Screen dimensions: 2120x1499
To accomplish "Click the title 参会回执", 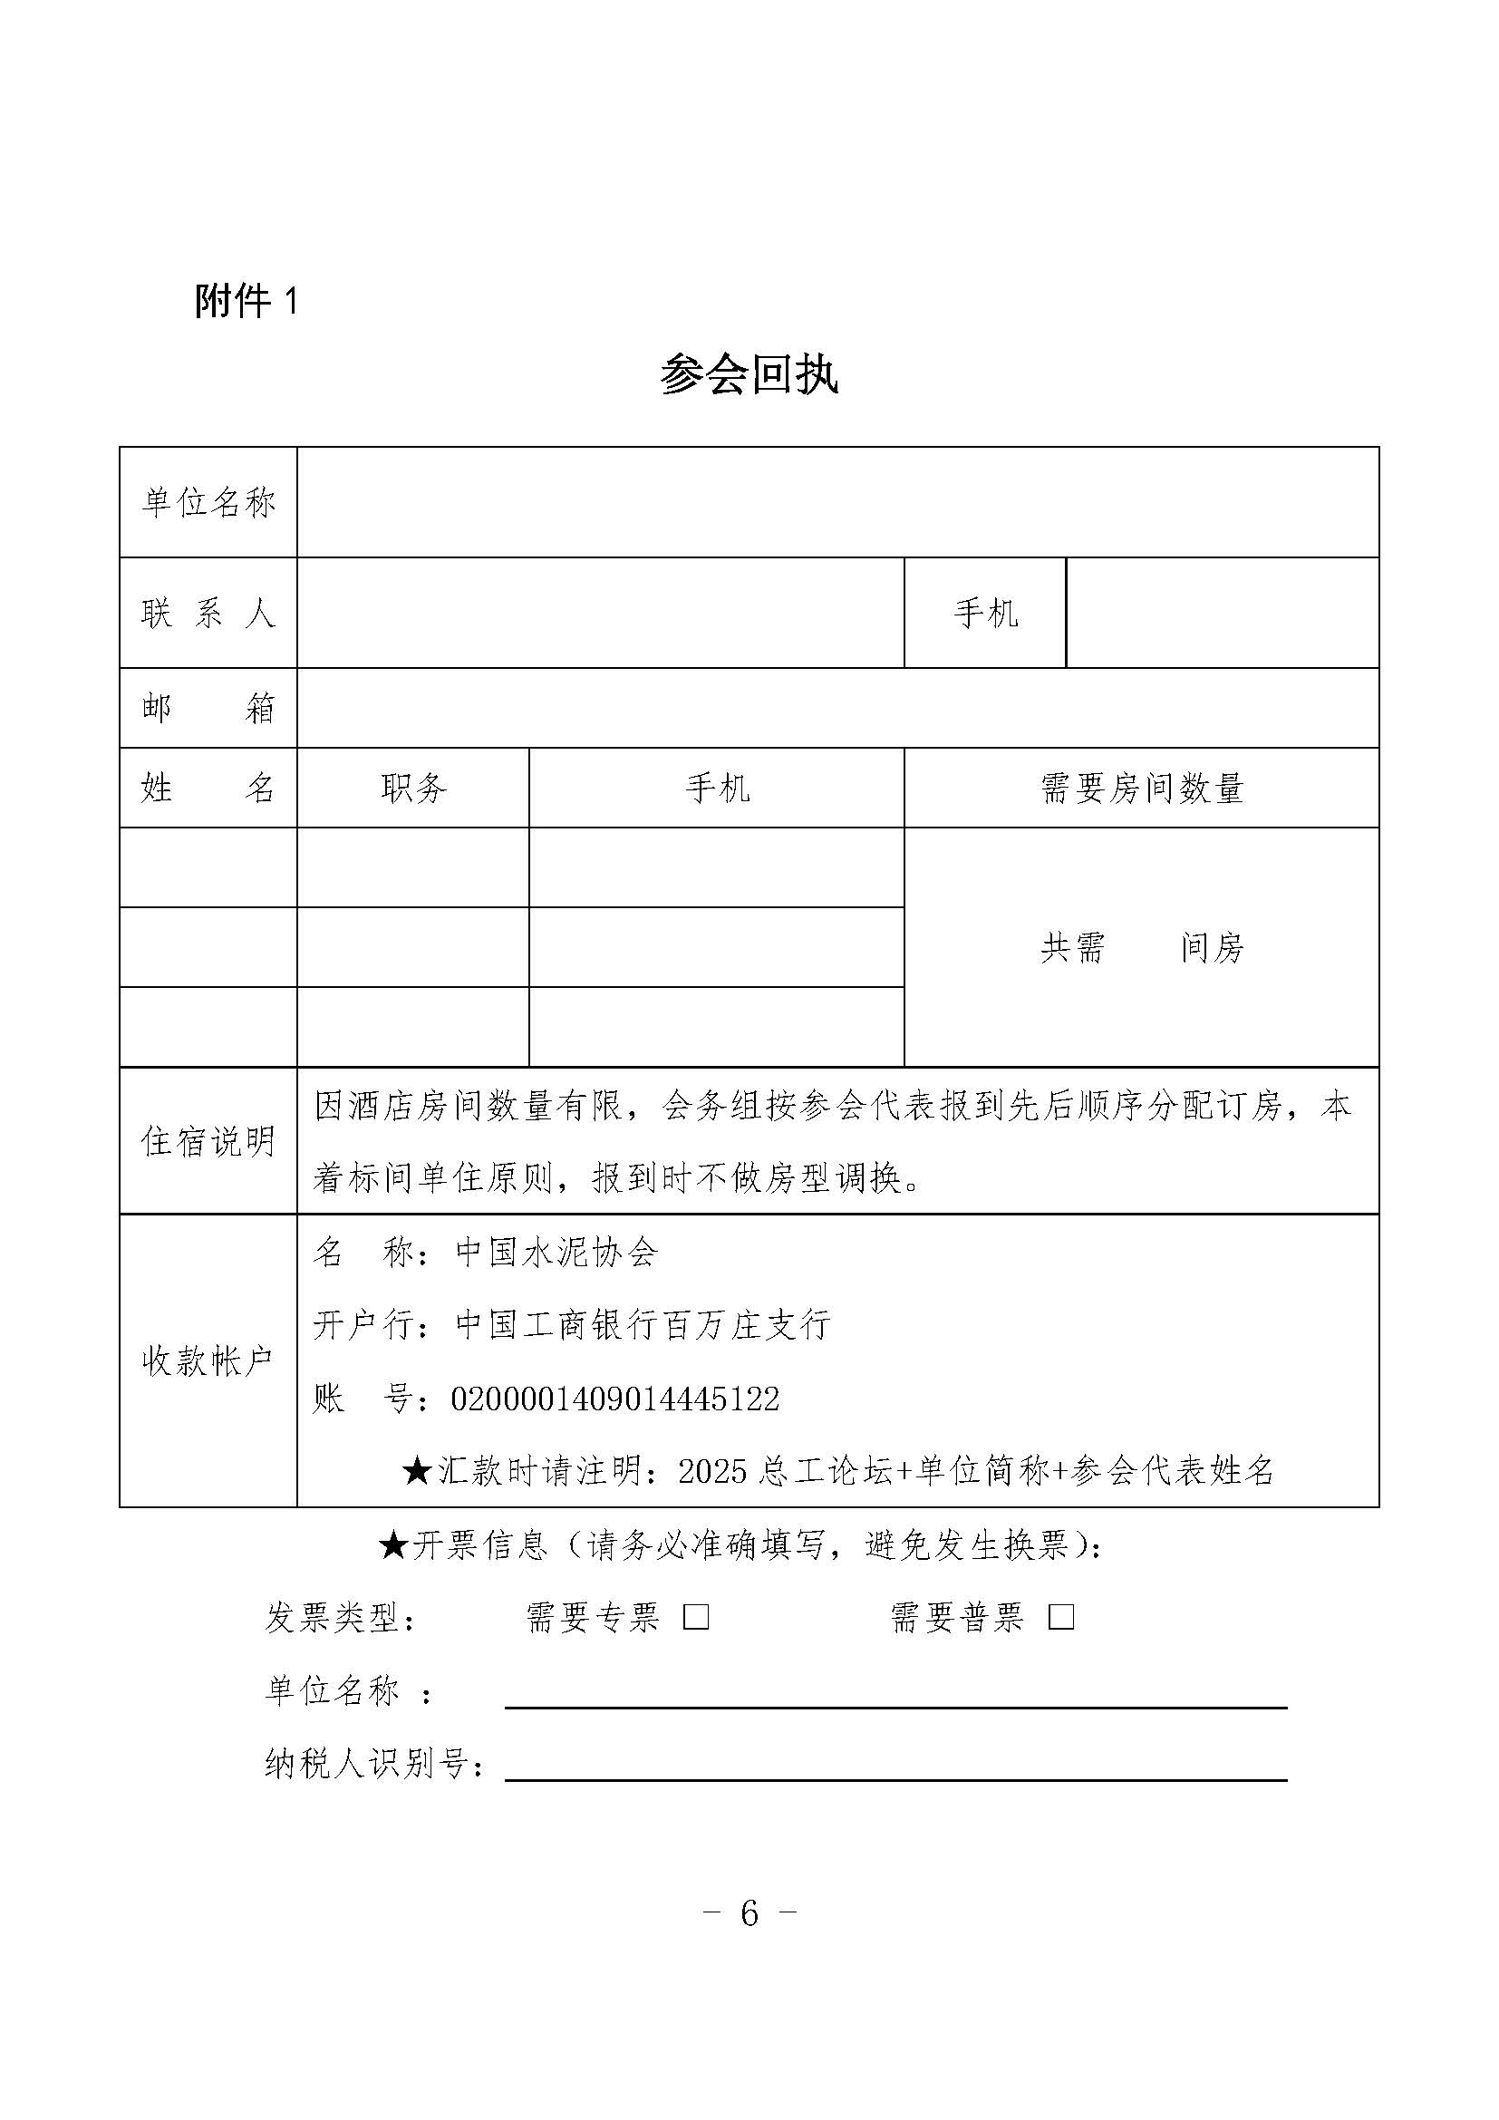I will [749, 375].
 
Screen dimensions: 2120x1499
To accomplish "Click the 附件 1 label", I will [247, 301].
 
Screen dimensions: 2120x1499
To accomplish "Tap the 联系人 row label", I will [208, 613].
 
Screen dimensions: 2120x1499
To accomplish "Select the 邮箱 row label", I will [208, 708].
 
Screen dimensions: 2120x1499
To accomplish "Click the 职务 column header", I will [412, 788].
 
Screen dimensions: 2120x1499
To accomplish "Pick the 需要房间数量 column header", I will [1142, 788].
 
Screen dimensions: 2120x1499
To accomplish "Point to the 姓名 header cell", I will [208, 788].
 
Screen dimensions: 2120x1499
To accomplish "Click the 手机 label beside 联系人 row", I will [985, 613].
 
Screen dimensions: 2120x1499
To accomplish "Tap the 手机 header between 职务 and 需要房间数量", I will [716, 788].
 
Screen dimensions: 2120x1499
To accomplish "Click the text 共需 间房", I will [1142, 947].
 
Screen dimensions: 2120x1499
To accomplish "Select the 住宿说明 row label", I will [208, 1141].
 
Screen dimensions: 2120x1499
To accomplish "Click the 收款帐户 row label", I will [208, 1360].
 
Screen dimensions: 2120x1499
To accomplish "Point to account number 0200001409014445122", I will [614, 1399].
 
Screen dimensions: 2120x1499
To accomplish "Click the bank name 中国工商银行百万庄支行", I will [643, 1325].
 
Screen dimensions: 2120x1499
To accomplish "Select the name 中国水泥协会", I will [556, 1252].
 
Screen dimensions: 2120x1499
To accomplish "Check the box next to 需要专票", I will [696, 1617].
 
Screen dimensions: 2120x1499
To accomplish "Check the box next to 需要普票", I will [1060, 1617].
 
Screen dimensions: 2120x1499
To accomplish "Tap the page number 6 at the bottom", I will [749, 1914].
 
